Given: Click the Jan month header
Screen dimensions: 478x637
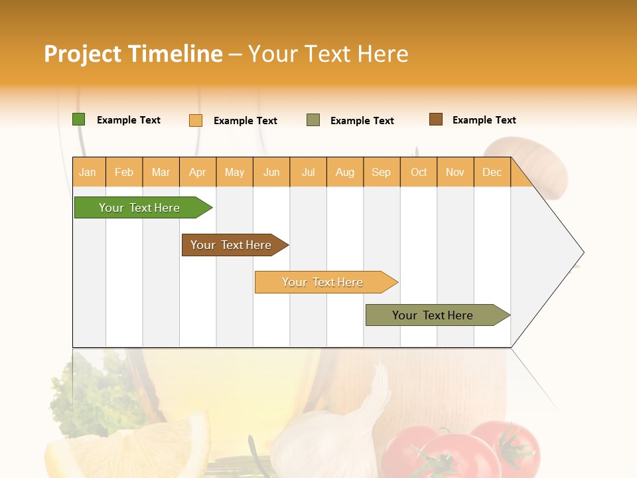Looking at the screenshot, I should click(x=88, y=172).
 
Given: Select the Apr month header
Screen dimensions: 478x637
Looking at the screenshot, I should click(x=198, y=172).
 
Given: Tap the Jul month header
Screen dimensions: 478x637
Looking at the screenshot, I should click(x=308, y=172).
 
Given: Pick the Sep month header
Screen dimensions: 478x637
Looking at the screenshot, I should click(x=382, y=172).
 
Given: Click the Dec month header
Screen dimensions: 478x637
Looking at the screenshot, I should click(x=492, y=172).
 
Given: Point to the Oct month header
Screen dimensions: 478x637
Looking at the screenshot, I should click(x=419, y=172).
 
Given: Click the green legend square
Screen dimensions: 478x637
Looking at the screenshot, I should click(x=79, y=119).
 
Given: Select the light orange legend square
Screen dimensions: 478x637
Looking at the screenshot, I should click(x=196, y=120).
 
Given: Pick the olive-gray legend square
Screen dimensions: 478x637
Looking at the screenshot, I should click(x=313, y=120).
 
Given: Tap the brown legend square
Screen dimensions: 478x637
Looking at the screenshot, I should click(x=436, y=119).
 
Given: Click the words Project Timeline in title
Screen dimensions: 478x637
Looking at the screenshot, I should click(x=133, y=54).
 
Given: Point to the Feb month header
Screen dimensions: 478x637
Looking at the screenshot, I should click(x=124, y=172).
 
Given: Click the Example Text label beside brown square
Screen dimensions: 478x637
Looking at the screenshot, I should click(x=484, y=120).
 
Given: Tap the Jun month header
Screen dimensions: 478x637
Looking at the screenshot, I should click(x=271, y=172).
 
